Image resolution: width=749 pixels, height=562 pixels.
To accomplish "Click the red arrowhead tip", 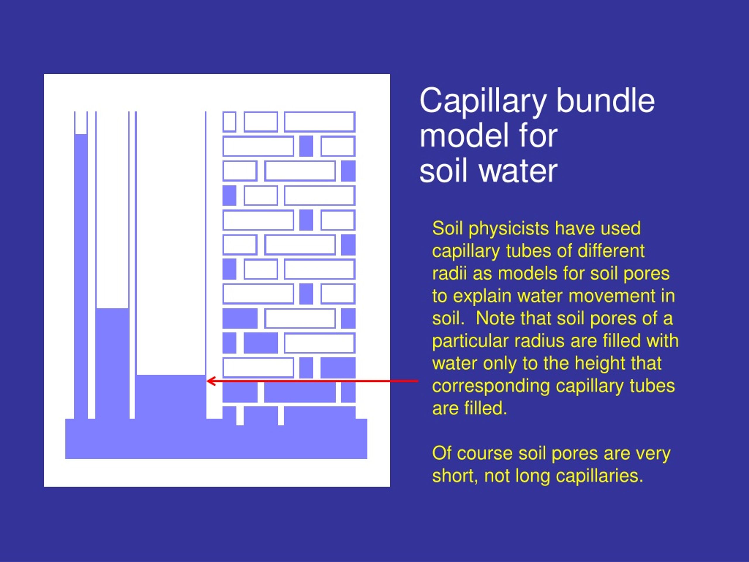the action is pyautogui.click(x=207, y=381).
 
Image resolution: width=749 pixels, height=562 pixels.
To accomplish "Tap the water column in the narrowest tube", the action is pyautogui.click(x=80, y=276).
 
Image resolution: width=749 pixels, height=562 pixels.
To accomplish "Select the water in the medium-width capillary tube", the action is pyautogui.click(x=112, y=363).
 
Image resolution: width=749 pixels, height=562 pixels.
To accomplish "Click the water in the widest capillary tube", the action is pyautogui.click(x=171, y=396).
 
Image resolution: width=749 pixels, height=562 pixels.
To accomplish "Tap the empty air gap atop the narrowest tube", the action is pyautogui.click(x=80, y=123).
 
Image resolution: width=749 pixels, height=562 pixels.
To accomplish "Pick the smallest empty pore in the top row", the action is pyautogui.click(x=229, y=121).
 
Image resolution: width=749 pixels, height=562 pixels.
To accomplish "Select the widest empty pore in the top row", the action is pyautogui.click(x=319, y=121).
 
